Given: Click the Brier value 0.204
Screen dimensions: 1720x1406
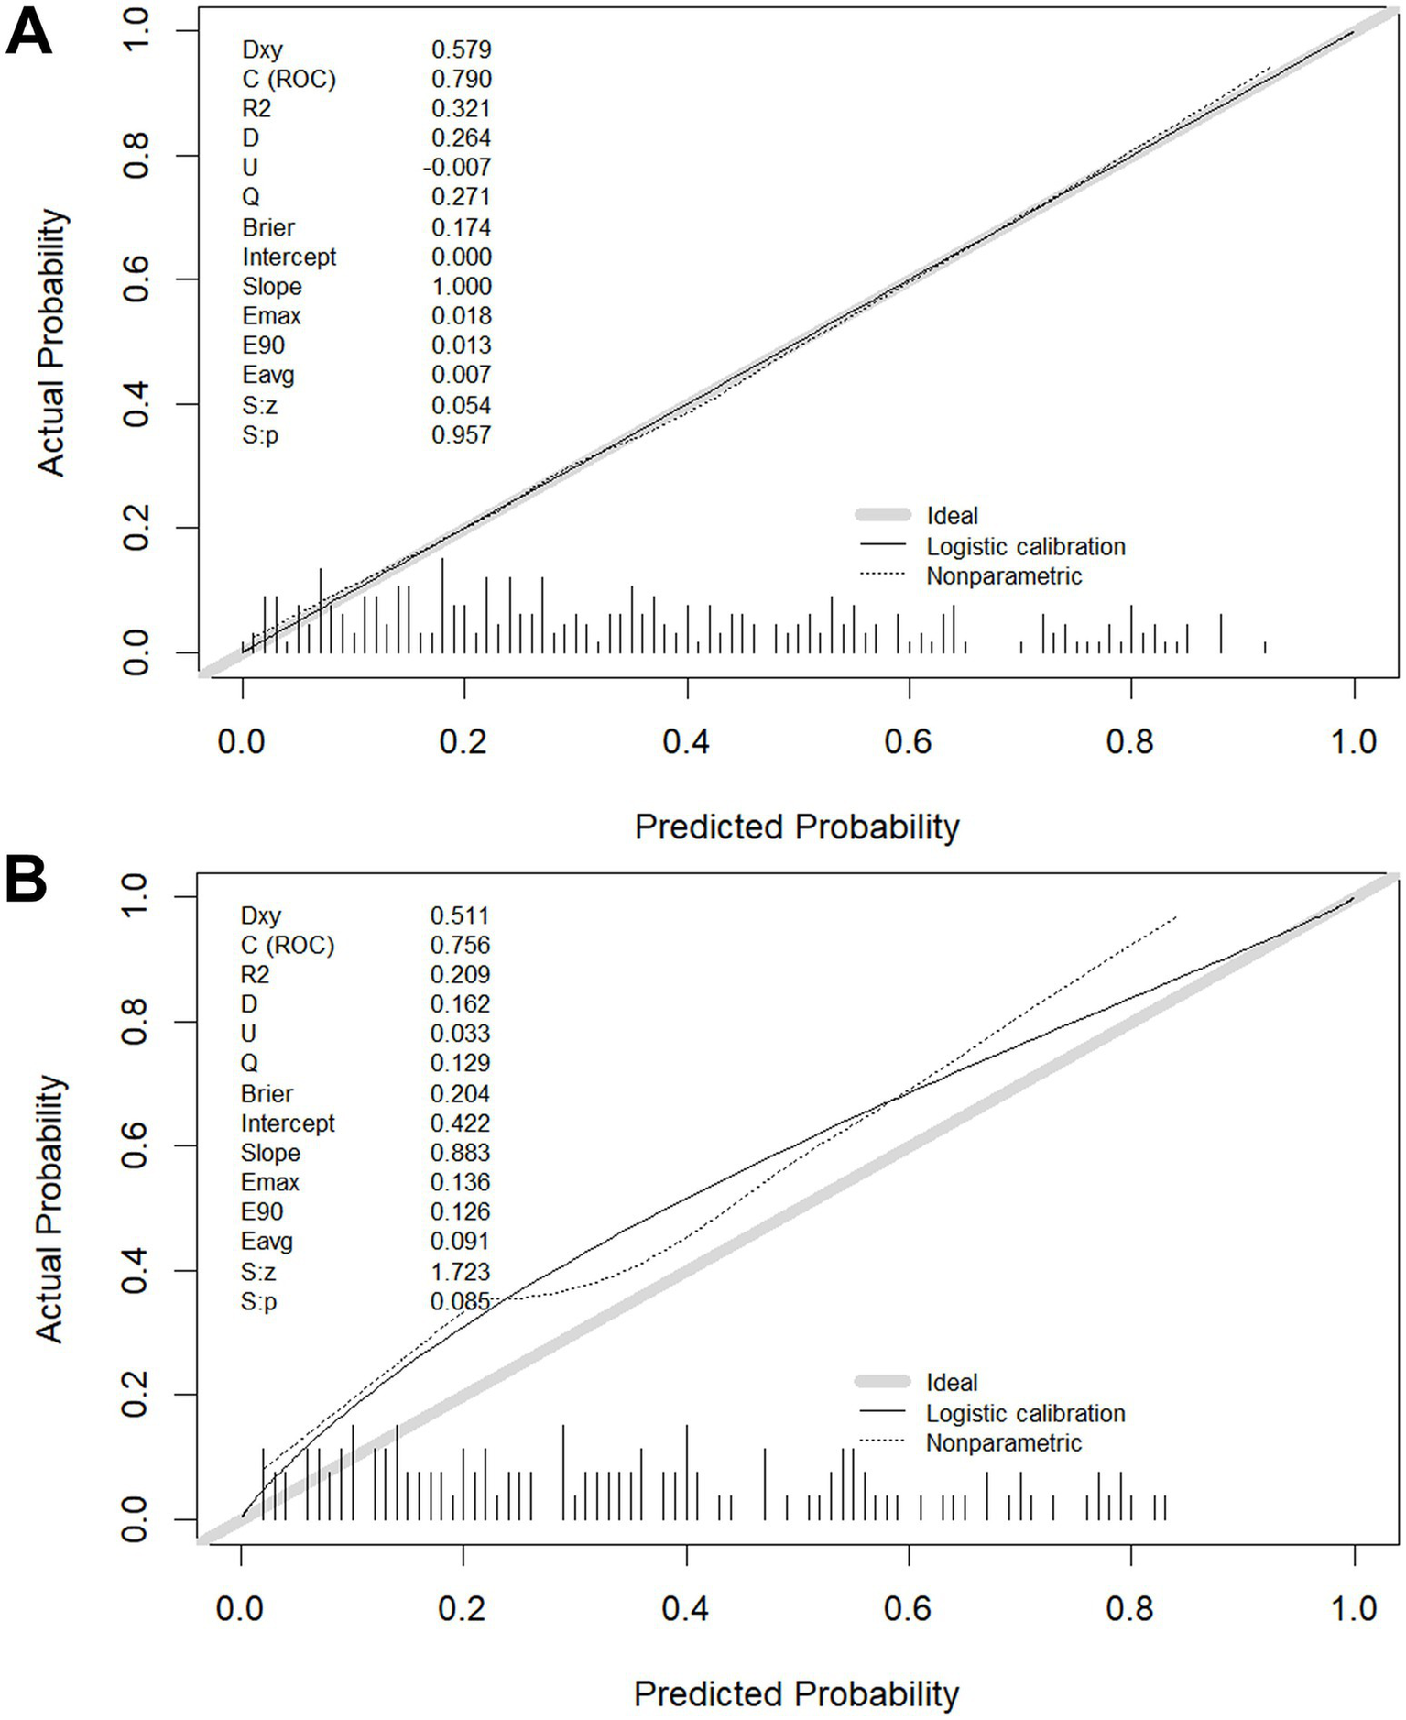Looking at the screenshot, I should (460, 1094).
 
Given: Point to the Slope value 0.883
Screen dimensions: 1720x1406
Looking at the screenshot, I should (460, 1153).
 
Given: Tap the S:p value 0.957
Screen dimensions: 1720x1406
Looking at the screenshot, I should (461, 434).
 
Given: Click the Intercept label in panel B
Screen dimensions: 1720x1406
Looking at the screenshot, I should (288, 1123).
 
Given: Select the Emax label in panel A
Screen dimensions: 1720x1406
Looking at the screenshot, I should (271, 316).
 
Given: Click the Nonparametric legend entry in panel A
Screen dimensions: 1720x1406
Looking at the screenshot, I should (1004, 576).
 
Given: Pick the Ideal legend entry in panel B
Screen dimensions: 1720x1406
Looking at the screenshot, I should (952, 1383).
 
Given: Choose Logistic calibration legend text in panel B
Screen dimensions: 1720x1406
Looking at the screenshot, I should (1025, 1413).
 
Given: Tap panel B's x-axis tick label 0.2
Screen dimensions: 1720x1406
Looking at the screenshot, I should (463, 1608).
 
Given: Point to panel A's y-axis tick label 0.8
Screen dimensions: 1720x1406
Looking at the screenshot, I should (137, 156).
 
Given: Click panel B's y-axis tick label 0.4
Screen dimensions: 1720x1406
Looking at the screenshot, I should (137, 1270).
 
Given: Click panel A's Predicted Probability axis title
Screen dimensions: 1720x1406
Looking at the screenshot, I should (796, 827).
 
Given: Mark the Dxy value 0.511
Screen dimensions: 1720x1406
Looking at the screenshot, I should (460, 916).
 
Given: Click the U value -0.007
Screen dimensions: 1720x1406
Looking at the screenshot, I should (457, 168).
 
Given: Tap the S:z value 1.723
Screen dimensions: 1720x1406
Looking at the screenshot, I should (460, 1272).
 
